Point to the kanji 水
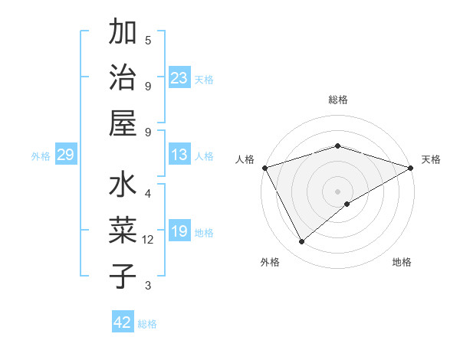[x=123, y=185]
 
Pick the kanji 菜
[x=123, y=231]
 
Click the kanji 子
[x=123, y=276]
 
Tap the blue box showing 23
[x=179, y=77]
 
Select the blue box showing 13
[x=179, y=155]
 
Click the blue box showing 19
[x=179, y=231]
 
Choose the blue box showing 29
[x=65, y=155]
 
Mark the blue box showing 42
[x=123, y=322]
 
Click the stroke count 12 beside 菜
[x=149, y=240]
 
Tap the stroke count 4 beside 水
[x=148, y=193]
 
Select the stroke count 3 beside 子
[x=148, y=286]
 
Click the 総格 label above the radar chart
[x=338, y=100]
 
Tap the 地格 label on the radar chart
[x=402, y=262]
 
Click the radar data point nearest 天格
[x=411, y=168]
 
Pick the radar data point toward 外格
[x=302, y=242]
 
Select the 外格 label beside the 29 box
[x=41, y=156]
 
